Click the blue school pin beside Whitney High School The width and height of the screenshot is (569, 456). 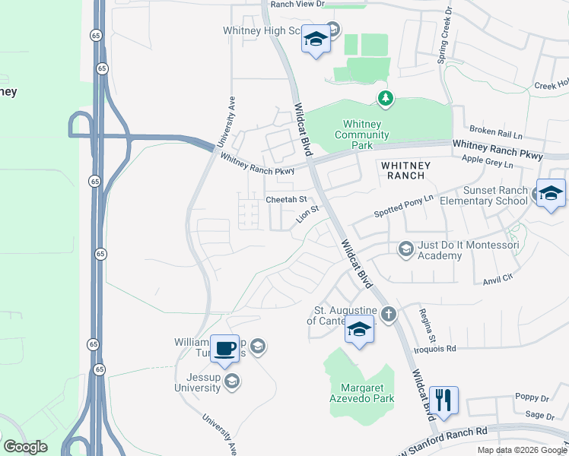[315, 39]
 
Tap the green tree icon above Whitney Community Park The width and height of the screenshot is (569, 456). [386, 98]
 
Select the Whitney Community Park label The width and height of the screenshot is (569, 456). [366, 135]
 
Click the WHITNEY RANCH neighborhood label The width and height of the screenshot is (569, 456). [405, 170]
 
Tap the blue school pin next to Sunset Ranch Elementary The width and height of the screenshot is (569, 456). [550, 193]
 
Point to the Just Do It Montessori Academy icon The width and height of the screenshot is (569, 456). [406, 249]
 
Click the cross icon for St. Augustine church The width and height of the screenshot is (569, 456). [389, 315]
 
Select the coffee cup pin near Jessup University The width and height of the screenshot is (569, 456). [224, 348]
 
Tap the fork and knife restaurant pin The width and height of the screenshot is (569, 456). [443, 400]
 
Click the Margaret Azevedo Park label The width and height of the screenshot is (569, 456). [361, 392]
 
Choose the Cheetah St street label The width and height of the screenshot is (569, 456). [286, 200]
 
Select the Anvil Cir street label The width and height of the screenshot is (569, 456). [498, 280]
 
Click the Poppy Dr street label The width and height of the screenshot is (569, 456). [532, 397]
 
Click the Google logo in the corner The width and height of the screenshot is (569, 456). [25, 447]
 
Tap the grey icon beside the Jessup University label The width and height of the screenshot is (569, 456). [232, 382]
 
